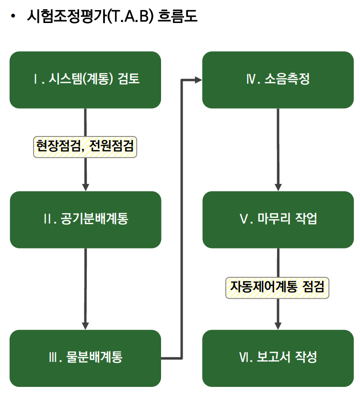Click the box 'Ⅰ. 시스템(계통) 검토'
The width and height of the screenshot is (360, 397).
pyautogui.click(x=85, y=79)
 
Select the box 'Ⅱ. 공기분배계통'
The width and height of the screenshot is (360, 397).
pyautogui.click(x=85, y=219)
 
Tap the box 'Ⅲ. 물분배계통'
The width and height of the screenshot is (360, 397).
pyautogui.click(x=85, y=358)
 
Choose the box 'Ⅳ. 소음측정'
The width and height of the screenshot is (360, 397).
pyautogui.click(x=278, y=79)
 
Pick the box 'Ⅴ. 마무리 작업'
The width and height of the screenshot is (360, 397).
pyautogui.click(x=278, y=219)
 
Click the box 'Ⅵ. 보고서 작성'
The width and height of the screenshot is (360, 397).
pyautogui.click(x=278, y=358)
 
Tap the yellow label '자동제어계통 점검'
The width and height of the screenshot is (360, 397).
pyautogui.click(x=278, y=287)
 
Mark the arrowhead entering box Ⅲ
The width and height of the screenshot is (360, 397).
pyautogui.click(x=85, y=326)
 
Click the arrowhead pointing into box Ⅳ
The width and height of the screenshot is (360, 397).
pyautogui.click(x=197, y=79)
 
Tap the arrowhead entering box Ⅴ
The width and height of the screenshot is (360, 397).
pyautogui.click(x=278, y=187)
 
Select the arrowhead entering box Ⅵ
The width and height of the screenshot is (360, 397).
pyautogui.click(x=278, y=326)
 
